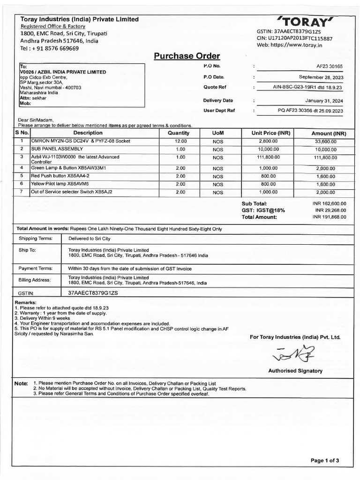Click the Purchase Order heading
point(187,56)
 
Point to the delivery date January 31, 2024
point(324,100)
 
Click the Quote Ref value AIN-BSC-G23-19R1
point(308,87)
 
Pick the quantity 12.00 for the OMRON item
point(181,141)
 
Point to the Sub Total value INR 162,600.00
point(329,204)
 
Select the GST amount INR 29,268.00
point(330,210)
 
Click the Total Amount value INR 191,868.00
point(329,217)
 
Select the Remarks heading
point(26,303)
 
